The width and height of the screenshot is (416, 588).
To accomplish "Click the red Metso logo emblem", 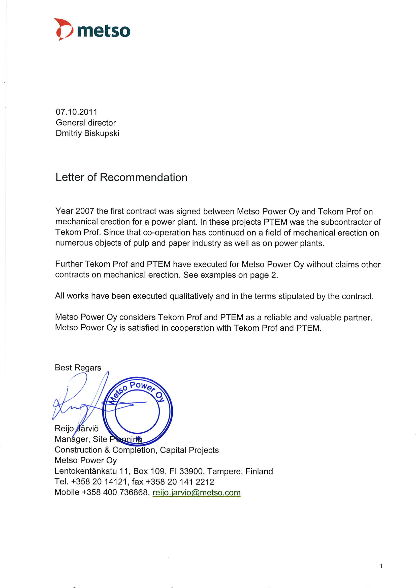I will coord(63,29).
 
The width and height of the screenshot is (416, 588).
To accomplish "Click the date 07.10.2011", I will coord(76,112).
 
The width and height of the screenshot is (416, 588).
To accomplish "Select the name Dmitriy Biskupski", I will coord(87,133).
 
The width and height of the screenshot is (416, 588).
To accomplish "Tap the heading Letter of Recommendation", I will coord(121,177).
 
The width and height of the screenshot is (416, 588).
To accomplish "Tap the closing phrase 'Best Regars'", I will coord(78,367).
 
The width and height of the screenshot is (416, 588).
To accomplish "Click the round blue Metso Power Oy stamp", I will coord(137,411).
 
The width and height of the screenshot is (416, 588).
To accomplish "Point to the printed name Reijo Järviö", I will coord(76,428).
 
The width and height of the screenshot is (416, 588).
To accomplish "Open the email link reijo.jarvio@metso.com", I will coord(196,492).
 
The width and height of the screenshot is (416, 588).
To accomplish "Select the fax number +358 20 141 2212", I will coord(180,482).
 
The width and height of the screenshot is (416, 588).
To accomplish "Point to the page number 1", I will coord(381,566).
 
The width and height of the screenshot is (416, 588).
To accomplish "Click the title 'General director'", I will coord(86,123).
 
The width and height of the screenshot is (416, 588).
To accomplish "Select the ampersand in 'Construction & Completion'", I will coord(107,450).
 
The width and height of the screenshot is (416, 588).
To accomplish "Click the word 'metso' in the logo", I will coord(104,31).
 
